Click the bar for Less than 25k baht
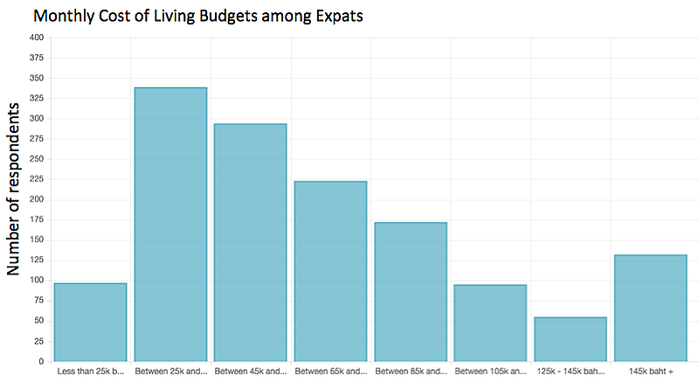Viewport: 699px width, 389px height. click(x=91, y=322)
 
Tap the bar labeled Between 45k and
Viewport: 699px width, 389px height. click(x=251, y=242)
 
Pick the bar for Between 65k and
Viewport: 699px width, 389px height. click(x=330, y=271)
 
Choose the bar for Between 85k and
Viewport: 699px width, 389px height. click(x=411, y=292)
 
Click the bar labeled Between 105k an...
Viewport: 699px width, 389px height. click(x=490, y=323)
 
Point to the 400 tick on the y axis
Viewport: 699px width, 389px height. click(x=36, y=38)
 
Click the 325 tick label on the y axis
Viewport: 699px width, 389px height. click(x=36, y=98)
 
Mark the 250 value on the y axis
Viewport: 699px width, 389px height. click(x=36, y=159)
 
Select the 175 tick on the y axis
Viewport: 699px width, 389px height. click(x=36, y=219)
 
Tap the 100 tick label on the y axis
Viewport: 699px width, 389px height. click(x=36, y=281)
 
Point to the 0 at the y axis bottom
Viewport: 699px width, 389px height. click(x=40, y=361)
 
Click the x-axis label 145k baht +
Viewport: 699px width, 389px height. click(x=651, y=372)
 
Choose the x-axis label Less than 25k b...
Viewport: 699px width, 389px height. click(x=91, y=372)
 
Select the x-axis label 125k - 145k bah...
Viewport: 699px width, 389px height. click(x=571, y=372)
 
